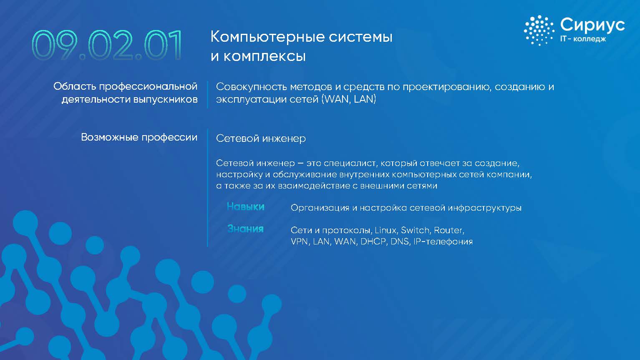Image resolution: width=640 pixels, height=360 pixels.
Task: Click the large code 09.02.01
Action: [107, 45]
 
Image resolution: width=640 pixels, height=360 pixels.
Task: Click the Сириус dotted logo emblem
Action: [539, 30]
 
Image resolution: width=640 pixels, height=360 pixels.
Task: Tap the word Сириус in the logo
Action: [592, 25]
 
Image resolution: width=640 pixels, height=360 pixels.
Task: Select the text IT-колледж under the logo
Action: [583, 38]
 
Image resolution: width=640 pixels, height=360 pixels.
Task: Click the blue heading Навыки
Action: [245, 206]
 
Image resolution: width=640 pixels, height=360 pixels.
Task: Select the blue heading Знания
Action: [245, 229]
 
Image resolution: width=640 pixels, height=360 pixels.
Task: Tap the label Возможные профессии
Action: [139, 137]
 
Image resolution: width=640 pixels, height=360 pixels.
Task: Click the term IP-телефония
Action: [443, 242]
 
